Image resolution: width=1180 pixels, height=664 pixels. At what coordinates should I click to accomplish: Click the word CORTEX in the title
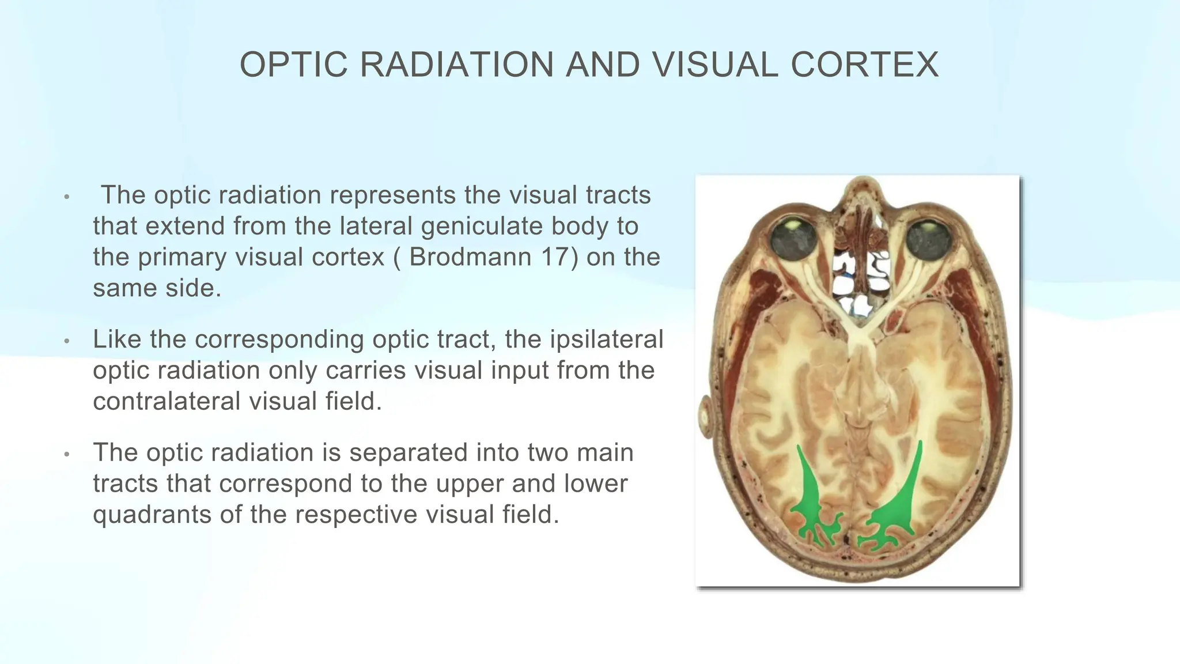tap(865, 65)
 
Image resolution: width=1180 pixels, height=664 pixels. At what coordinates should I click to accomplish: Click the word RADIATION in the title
tap(456, 65)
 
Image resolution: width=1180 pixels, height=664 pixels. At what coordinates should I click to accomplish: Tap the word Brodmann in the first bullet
tap(470, 257)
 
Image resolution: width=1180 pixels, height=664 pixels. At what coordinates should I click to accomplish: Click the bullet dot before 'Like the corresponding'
tap(67, 341)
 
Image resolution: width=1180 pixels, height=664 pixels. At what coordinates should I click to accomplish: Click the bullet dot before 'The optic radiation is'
tap(67, 454)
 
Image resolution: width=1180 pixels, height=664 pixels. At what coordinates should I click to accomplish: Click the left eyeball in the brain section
tap(793, 239)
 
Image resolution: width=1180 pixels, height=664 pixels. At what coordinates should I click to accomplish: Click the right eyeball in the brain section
tap(928, 240)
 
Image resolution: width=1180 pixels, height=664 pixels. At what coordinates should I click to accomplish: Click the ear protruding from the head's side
tap(705, 417)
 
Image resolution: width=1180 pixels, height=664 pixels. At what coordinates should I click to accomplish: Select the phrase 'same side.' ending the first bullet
tap(157, 288)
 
